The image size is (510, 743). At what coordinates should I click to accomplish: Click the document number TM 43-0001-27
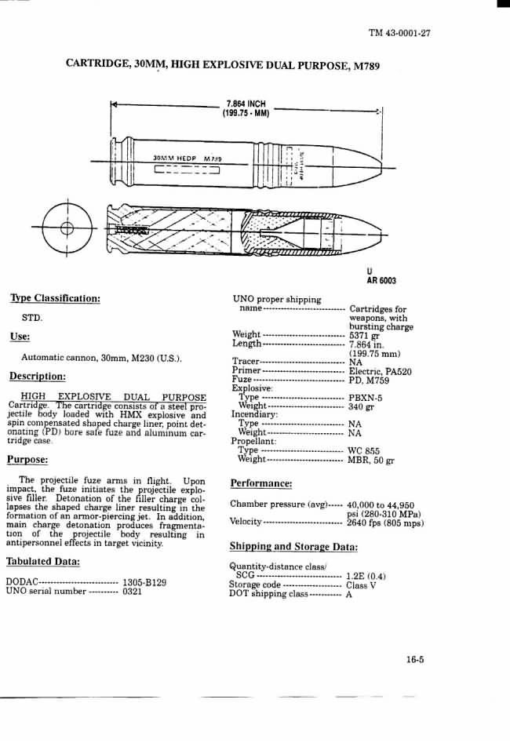tap(399, 33)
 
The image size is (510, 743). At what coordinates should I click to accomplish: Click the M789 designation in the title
tap(365, 67)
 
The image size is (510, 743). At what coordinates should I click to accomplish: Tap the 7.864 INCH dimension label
tap(246, 104)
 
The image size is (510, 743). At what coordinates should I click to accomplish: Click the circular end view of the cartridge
tap(67, 228)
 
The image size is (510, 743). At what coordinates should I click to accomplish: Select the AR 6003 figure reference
tap(381, 281)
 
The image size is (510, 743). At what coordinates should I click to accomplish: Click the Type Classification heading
tap(55, 298)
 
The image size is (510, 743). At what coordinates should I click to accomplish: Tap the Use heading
tap(20, 337)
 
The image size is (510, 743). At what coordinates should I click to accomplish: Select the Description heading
tap(38, 376)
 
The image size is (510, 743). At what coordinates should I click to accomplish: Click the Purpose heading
tap(28, 459)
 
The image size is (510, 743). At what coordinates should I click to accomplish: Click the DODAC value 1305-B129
tap(144, 583)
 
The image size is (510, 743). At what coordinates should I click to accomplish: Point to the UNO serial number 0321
tap(132, 592)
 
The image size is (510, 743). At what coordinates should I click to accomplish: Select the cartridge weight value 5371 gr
tap(364, 335)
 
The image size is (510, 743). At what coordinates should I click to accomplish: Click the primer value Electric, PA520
tap(381, 371)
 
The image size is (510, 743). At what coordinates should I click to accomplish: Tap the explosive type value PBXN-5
tap(366, 397)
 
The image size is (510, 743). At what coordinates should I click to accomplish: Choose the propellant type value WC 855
tap(364, 451)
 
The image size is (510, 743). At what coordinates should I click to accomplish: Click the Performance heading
tap(260, 483)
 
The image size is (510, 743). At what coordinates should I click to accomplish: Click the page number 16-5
tap(415, 660)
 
